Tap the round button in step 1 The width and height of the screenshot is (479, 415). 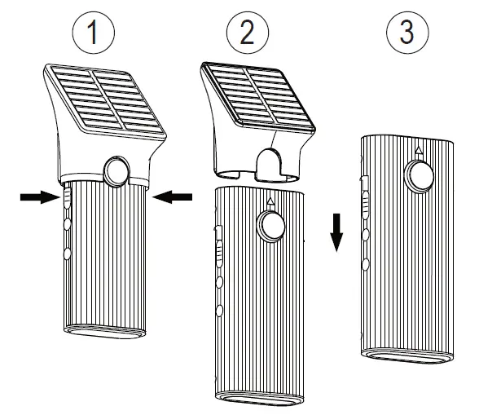[115, 170]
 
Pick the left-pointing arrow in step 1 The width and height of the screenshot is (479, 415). [174, 195]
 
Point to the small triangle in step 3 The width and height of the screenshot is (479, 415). [419, 151]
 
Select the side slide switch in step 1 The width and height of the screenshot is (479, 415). [65, 198]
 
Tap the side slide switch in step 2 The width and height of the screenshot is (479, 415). [218, 245]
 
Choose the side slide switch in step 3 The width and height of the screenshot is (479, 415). [365, 190]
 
